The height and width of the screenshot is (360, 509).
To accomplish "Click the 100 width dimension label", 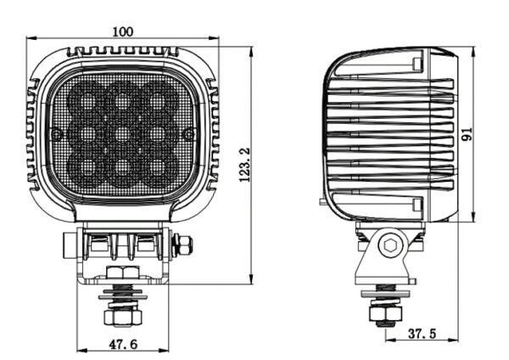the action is [123, 32].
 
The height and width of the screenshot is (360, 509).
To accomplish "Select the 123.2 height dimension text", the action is [245, 165].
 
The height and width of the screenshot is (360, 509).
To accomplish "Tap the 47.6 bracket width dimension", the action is [123, 344].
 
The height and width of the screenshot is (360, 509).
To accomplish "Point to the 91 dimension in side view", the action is [467, 134].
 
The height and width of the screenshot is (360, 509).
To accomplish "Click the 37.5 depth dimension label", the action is [422, 334].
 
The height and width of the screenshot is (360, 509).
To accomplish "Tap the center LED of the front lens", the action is [122, 133].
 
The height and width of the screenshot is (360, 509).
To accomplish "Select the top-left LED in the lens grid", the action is [87, 98].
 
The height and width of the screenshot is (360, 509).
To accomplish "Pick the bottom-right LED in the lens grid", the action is [158, 167].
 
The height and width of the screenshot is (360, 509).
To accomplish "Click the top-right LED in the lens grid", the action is [158, 98].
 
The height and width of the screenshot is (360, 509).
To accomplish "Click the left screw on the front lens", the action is [56, 134].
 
